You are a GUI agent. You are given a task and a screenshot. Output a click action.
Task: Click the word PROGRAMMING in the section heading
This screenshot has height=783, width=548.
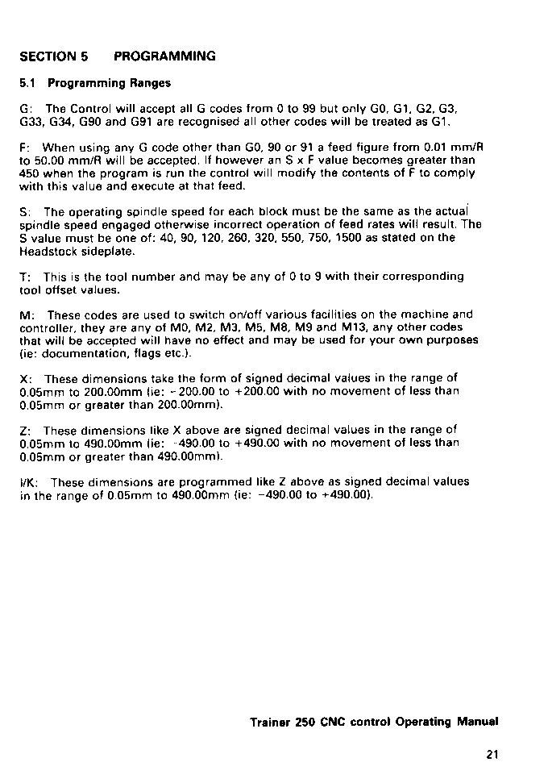tap(164, 56)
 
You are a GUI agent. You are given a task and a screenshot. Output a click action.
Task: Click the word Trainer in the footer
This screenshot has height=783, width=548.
tap(270, 722)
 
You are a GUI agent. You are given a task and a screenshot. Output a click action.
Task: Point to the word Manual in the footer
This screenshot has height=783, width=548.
tap(478, 722)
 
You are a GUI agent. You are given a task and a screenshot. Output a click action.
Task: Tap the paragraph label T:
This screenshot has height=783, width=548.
tap(24, 277)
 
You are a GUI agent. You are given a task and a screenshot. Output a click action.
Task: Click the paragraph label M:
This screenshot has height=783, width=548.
tap(26, 314)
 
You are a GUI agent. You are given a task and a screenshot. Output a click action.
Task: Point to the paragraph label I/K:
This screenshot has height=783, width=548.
tap(28, 482)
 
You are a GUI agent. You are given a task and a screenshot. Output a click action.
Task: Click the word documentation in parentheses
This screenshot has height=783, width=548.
tap(70, 353)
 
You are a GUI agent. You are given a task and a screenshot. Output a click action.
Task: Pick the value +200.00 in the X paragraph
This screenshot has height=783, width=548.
tap(236, 392)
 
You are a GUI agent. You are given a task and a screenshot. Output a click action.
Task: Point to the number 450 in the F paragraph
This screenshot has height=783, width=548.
tap(29, 173)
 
